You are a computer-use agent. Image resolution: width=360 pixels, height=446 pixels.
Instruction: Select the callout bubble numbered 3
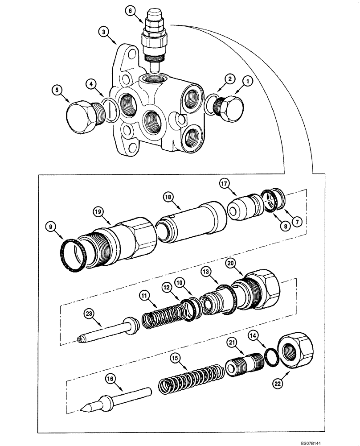pyautogui.click(x=103, y=32)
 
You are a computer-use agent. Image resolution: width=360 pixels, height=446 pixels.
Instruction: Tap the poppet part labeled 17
pyautogui.click(x=243, y=208)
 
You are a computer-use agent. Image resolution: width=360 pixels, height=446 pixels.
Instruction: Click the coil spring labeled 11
pyautogui.click(x=163, y=315)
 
